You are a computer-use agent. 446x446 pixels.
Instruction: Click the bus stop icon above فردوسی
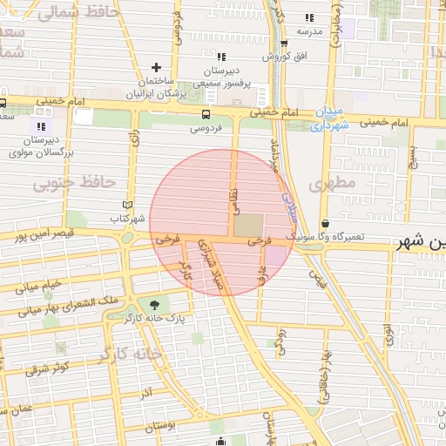[x=206, y=114]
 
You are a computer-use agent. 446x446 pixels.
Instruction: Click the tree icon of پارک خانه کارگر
[x=155, y=304]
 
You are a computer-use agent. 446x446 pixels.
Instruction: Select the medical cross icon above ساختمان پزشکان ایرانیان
[x=156, y=67]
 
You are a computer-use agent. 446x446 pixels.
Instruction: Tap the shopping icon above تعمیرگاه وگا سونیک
[x=325, y=223]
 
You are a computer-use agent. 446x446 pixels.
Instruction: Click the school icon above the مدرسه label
[x=309, y=17]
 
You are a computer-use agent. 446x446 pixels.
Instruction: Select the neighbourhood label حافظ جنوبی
[x=75, y=183]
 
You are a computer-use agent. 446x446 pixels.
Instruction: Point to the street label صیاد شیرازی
[x=212, y=265]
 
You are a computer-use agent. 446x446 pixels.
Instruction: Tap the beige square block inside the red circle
[x=247, y=225]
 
